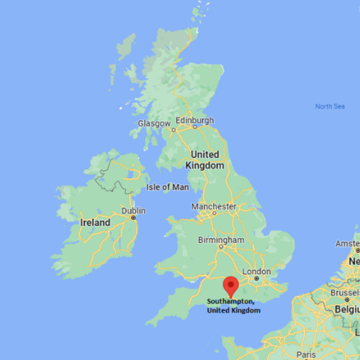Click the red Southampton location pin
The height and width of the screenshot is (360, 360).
tap(231, 285)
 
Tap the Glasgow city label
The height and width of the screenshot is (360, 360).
tap(154, 123)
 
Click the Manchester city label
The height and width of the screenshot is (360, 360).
tap(214, 207)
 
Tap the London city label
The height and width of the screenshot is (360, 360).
tap(256, 271)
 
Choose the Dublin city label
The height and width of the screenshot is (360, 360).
tap(133, 210)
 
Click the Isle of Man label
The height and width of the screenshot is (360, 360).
tap(167, 187)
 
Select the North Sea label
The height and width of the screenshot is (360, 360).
tap(330, 107)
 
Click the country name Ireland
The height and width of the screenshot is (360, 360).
tap(95, 223)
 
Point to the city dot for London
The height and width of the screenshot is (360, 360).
tap(256, 279)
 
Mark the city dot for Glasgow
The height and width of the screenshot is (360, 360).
tap(173, 130)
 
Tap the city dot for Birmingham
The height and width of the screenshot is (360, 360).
tap(221, 247)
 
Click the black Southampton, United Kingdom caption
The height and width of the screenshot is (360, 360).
tap(232, 305)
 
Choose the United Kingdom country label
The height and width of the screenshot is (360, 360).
tap(204, 160)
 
